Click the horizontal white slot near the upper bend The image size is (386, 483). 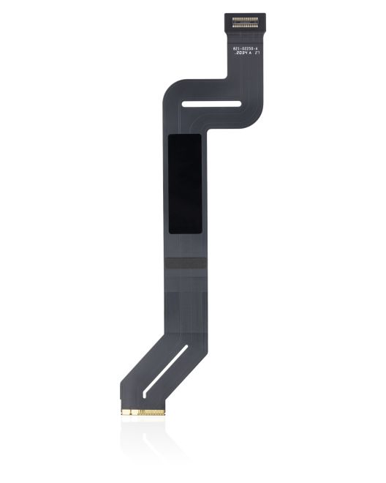(211, 103)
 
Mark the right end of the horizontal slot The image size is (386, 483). (238, 103)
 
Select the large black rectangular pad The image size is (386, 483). (185, 184)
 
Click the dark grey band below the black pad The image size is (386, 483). (185, 263)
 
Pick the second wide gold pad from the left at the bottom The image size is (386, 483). (135, 412)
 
